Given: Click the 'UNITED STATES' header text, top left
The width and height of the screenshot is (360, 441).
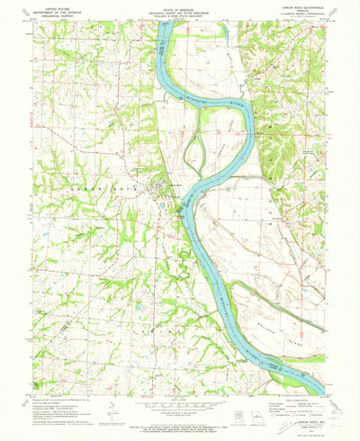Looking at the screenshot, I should pos(44,7).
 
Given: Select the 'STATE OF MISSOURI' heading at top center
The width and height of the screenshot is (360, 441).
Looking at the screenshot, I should pos(180,7).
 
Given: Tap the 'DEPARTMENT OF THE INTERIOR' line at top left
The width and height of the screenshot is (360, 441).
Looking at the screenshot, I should pos(44,12).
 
